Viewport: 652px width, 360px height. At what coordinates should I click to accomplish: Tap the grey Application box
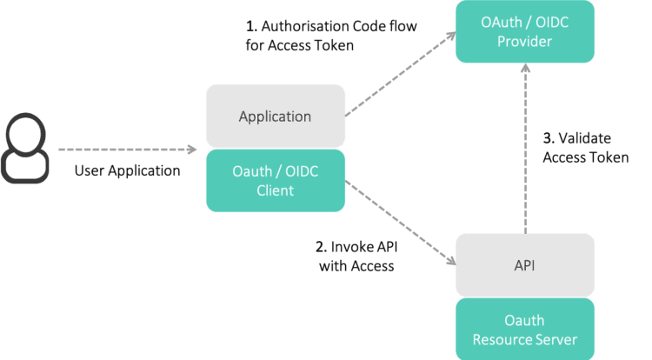click(275, 116)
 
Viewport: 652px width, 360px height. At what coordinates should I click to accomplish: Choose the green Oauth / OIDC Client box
click(275, 181)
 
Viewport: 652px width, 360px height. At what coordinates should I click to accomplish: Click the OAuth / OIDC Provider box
click(525, 31)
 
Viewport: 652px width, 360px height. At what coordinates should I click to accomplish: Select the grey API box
click(525, 265)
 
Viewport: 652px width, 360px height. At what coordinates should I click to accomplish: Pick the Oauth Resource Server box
click(525, 329)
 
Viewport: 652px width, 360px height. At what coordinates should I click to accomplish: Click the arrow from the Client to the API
click(400, 221)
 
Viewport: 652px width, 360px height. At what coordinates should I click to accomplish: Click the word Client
click(275, 190)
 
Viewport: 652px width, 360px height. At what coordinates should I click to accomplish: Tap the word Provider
click(525, 41)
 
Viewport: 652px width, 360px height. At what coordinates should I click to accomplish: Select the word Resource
click(504, 338)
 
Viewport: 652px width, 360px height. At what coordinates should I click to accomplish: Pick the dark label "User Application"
click(127, 171)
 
